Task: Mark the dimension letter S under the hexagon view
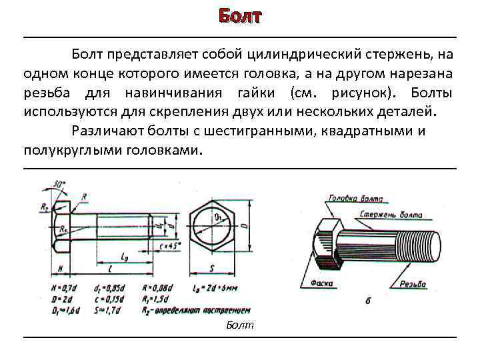pyautogui.click(x=211, y=268)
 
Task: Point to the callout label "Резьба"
pyautogui.click(x=413, y=284)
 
